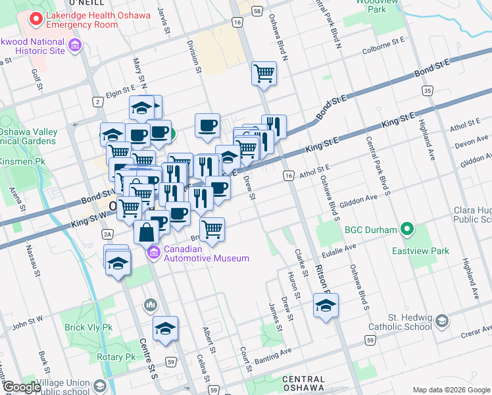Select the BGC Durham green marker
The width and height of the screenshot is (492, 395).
tap(407, 230)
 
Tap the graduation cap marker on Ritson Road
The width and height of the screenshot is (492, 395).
tap(326, 305)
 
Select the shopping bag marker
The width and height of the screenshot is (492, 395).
tap(146, 232)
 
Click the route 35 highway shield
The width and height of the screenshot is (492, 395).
tap(428, 91)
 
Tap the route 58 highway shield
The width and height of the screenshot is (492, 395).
tap(257, 11)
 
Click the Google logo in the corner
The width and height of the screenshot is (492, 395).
tap(22, 387)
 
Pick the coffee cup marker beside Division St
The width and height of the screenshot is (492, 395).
tap(208, 124)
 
